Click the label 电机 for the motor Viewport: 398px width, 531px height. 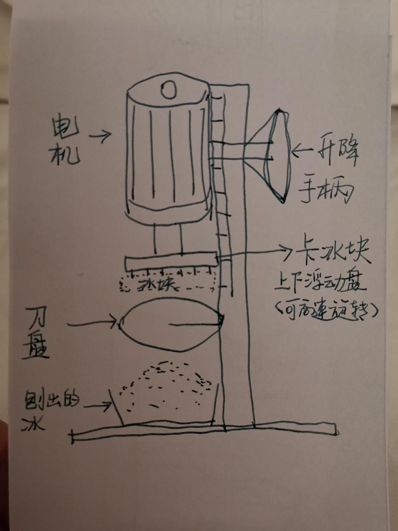[66, 142]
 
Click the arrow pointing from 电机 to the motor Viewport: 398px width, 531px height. [100, 136]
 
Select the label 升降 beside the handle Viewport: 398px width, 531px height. [334, 152]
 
